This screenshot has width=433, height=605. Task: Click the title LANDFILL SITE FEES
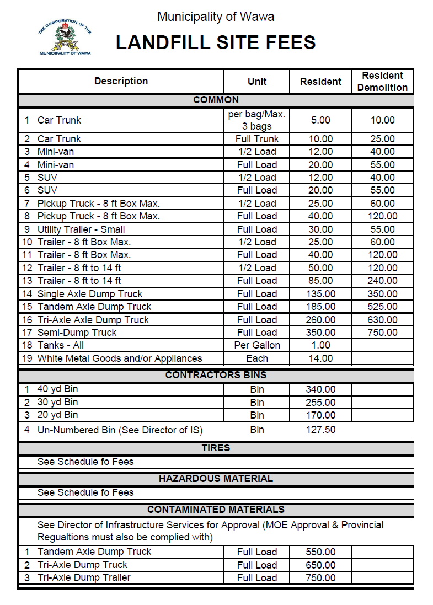[x=216, y=42]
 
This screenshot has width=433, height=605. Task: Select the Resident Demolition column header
[x=382, y=82]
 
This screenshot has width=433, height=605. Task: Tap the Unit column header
[x=257, y=82]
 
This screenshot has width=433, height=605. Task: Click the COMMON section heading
[x=216, y=100]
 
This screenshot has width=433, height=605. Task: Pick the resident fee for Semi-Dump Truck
[x=320, y=333]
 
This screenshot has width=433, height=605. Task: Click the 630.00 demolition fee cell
[x=382, y=320]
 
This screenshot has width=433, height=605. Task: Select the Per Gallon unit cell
[x=257, y=345]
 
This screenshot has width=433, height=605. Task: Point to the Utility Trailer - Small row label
[x=81, y=229]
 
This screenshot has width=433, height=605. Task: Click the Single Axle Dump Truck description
[x=90, y=294]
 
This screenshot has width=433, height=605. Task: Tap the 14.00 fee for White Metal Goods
[x=320, y=358]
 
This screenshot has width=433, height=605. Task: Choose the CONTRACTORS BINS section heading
[x=216, y=375]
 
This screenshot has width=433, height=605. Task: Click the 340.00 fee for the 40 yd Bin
[x=320, y=389]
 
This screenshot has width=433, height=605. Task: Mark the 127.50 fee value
[x=320, y=430]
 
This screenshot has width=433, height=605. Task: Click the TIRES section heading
[x=216, y=448]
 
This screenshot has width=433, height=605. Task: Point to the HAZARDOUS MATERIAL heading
[x=216, y=479]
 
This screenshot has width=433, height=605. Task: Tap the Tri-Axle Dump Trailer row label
[x=84, y=577]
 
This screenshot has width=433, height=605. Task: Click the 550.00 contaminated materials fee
[x=320, y=552]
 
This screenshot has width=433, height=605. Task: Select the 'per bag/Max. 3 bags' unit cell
[x=257, y=120]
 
